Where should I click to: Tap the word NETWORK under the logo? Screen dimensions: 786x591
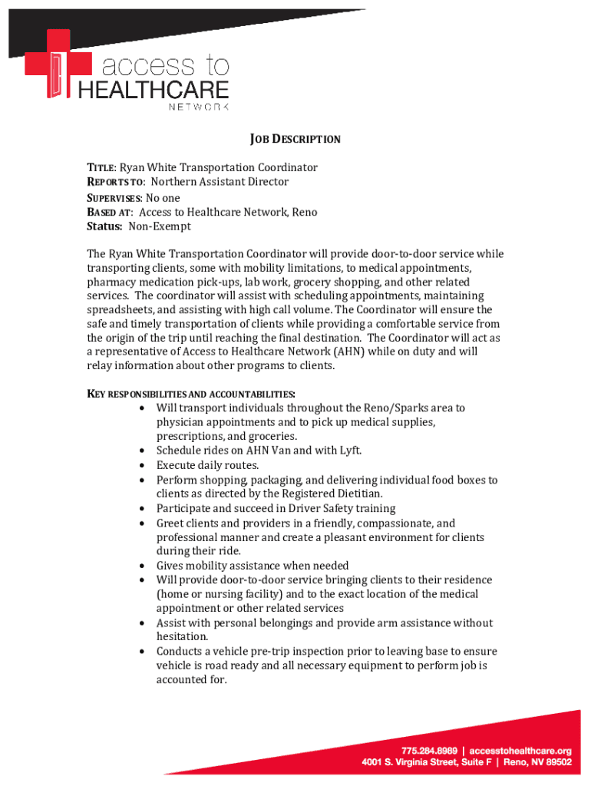pos(198,107)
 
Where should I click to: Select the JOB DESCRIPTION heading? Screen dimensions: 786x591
pos(295,140)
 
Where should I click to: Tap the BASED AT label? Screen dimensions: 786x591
pos(110,213)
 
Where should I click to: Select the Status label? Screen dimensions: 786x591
pos(104,226)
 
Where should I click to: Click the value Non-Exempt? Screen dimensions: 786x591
pos(160,226)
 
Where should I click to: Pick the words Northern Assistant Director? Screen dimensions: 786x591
pos(220,182)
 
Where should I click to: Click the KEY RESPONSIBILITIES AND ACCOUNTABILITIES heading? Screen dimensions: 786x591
pos(191,394)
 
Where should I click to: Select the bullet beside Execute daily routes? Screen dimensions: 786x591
pos(144,465)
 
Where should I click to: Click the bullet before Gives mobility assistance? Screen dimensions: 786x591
pos(144,566)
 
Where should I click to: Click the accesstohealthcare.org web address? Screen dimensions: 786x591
pos(520,750)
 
